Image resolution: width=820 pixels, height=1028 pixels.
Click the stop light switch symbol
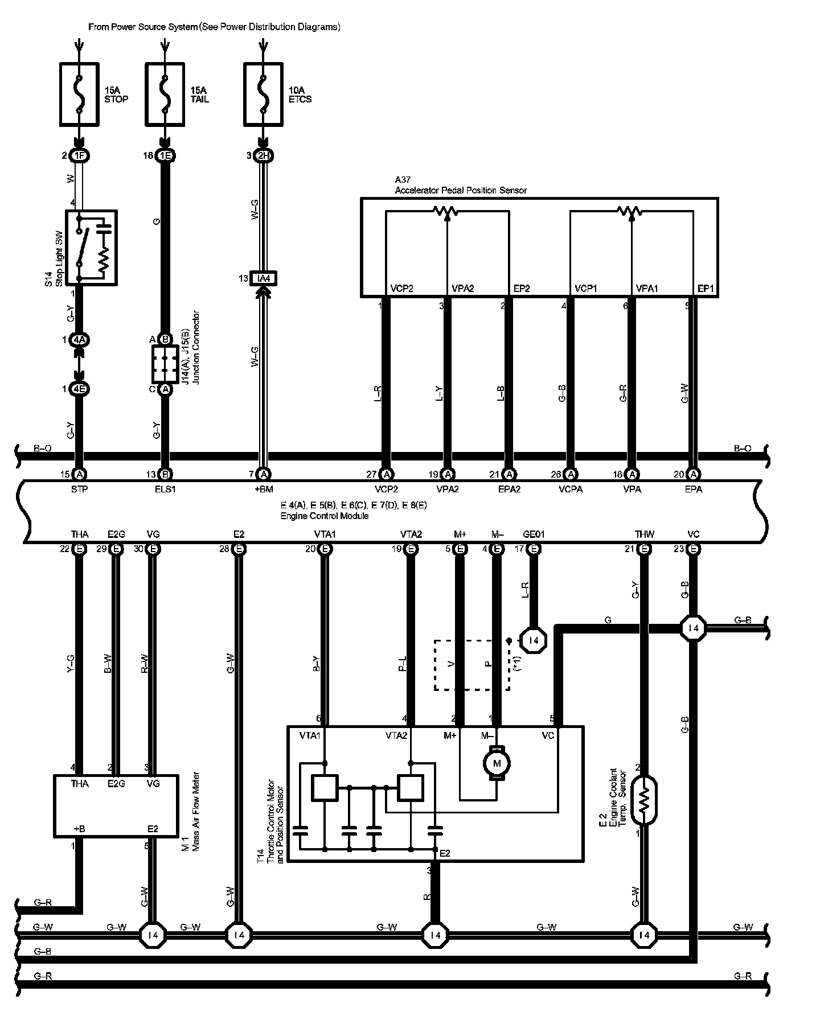pos(91,247)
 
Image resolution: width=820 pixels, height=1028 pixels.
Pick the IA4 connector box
pos(264,278)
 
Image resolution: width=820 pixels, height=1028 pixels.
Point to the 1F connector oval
pos(80,155)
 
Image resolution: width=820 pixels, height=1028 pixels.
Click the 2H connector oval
pos(264,155)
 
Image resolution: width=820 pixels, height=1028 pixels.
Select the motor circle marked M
pos(497,763)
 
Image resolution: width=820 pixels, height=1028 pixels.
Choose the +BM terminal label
pos(263,489)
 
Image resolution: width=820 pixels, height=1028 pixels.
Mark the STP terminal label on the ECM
pos(80,489)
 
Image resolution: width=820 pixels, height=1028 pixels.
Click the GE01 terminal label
pos(534,534)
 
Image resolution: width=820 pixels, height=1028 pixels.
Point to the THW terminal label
pos(645,534)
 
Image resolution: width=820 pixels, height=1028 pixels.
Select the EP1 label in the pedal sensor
pos(706,289)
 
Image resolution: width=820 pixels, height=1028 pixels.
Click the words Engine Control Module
pos(325,516)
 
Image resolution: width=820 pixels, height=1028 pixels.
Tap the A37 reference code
pos(403,180)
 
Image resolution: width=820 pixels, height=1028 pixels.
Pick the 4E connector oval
pos(80,389)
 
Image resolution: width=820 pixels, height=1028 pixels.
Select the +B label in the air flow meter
pos(79,829)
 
